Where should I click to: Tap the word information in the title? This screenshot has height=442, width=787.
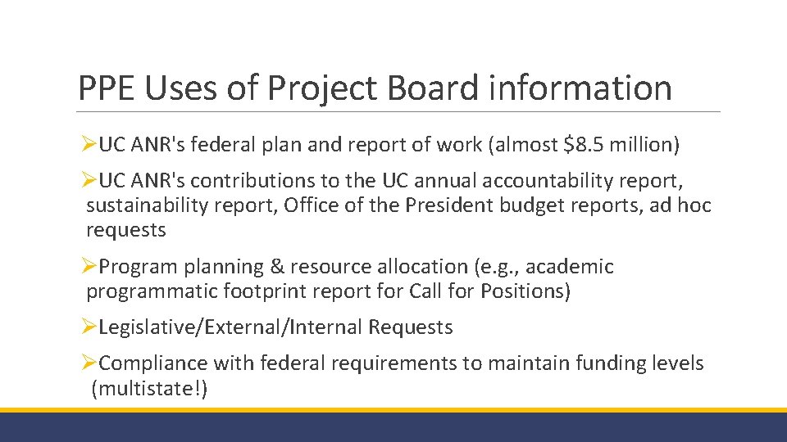pos(578,88)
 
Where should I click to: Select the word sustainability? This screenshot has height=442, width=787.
pos(142,205)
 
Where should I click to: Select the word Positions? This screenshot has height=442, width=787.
pos(525,291)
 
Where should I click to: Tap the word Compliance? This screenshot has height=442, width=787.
pos(153,363)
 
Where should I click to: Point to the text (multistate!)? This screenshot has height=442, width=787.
pos(149,388)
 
